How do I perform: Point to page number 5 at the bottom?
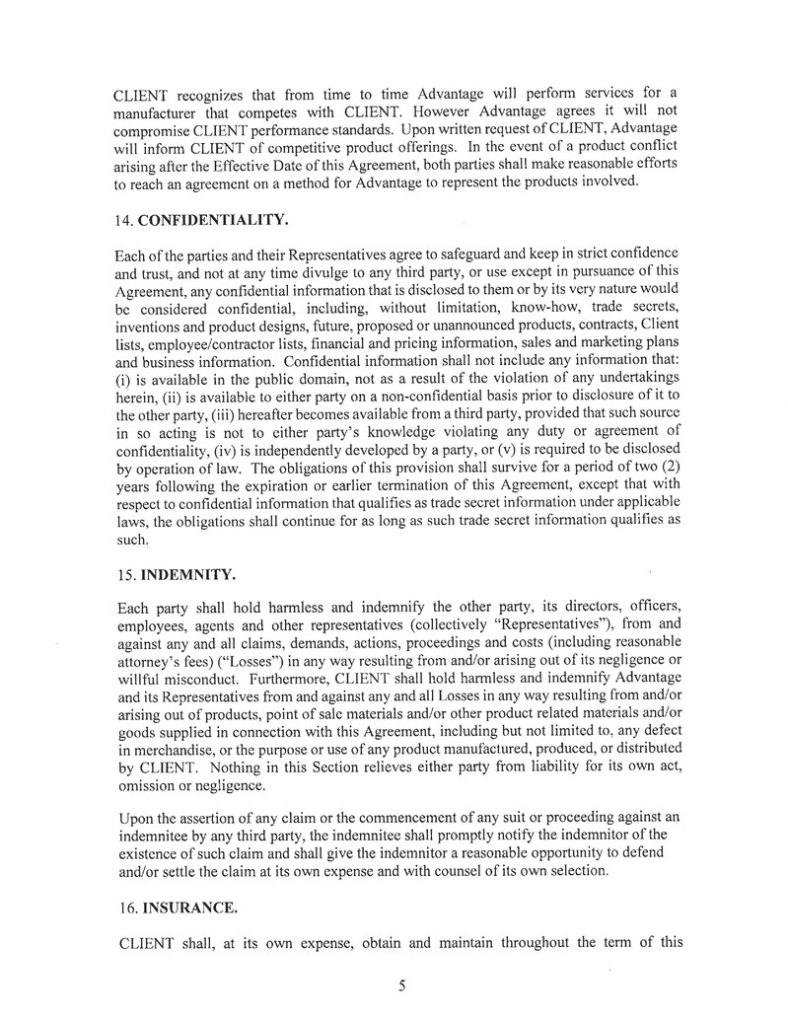pyautogui.click(x=402, y=984)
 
